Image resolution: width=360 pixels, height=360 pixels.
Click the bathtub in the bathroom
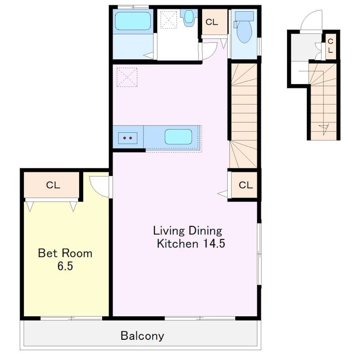(x=133, y=21)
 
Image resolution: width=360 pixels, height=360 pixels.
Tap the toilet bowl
(x=244, y=31)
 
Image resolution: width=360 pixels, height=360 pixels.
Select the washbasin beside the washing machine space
(x=189, y=16)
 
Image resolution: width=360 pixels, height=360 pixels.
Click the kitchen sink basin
(x=178, y=137)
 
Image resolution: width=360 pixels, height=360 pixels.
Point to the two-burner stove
(x=128, y=138)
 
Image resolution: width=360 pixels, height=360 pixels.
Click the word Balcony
(x=142, y=336)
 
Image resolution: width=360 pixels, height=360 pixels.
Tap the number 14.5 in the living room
(x=214, y=243)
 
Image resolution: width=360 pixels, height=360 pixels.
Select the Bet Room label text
(x=65, y=253)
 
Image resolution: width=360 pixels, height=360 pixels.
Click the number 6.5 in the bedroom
(x=65, y=266)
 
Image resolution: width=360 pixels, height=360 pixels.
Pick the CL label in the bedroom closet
(x=53, y=185)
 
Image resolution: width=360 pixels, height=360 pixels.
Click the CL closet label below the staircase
(x=246, y=185)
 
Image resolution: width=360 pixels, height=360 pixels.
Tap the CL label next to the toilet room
(x=211, y=22)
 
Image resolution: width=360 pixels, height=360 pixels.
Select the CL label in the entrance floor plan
(x=330, y=46)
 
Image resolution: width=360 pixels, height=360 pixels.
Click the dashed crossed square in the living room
(x=127, y=77)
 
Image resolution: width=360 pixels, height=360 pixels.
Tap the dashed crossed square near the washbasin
(x=169, y=20)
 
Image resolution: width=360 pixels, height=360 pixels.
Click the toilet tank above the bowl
(x=244, y=16)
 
